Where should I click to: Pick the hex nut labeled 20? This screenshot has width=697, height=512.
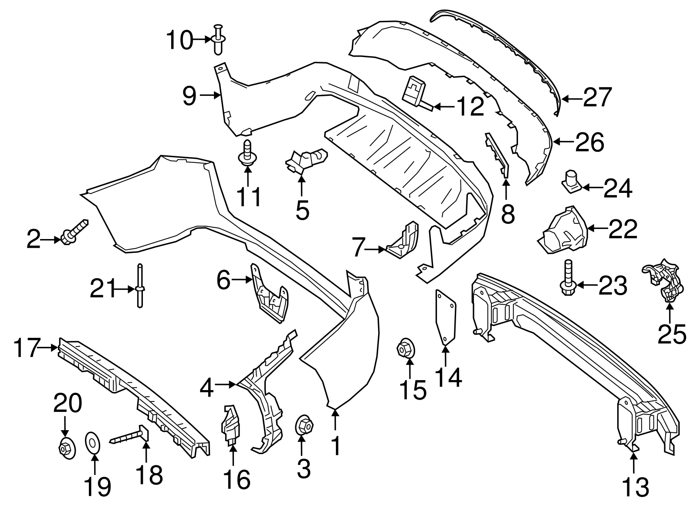point(66,447)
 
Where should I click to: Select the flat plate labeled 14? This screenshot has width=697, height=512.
point(446,317)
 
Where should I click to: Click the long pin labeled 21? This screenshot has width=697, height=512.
point(140,291)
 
